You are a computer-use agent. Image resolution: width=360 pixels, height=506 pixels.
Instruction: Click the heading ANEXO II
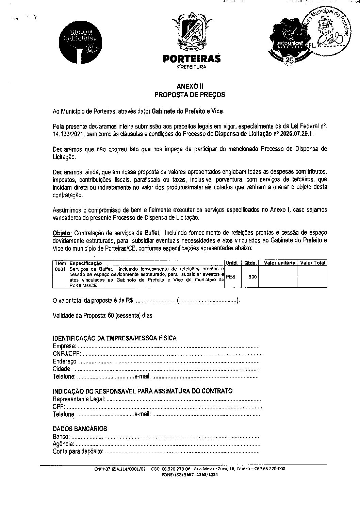point(190,87)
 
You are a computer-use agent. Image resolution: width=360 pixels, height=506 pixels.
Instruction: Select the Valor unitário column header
point(280,263)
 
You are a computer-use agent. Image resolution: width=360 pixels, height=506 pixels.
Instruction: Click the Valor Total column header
point(312,263)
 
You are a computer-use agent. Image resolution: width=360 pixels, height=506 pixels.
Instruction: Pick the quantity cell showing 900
point(252,277)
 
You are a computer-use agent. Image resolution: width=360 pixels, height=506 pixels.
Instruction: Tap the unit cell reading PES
point(230,277)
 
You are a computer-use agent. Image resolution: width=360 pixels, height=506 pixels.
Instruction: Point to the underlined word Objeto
point(62,233)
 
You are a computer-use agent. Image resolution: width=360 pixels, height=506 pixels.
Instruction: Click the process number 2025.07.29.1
point(296,134)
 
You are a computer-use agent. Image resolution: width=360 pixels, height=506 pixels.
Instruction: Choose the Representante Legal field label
point(79,399)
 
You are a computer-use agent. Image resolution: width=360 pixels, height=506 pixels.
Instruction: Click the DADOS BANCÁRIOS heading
point(80,428)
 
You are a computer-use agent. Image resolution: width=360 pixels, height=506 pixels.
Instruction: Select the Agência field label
point(63,444)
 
